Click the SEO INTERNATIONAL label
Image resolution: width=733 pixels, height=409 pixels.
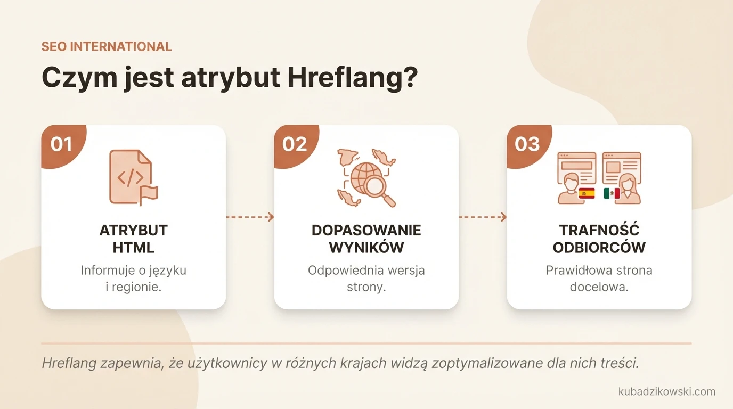107,46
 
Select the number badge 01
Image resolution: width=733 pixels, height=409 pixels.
61,144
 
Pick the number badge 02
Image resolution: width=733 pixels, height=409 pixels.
295,144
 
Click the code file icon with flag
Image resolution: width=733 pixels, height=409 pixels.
133,177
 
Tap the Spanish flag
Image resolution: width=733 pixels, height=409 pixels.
587,193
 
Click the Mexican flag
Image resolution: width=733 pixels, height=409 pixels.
612,193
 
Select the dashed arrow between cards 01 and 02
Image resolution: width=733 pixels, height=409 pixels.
250,217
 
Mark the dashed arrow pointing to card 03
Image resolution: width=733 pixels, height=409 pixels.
483,217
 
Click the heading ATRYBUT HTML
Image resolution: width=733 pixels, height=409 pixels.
133,239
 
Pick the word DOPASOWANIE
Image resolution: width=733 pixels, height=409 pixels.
366,230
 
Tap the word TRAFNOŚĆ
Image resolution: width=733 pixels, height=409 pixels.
599,230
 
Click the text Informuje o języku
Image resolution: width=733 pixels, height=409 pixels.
133,270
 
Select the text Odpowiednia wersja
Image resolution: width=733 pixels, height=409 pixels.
366,270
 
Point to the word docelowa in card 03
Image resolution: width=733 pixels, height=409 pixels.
599,287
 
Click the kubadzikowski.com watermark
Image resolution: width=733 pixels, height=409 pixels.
666,391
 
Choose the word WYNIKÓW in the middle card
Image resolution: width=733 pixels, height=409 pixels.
366,248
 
